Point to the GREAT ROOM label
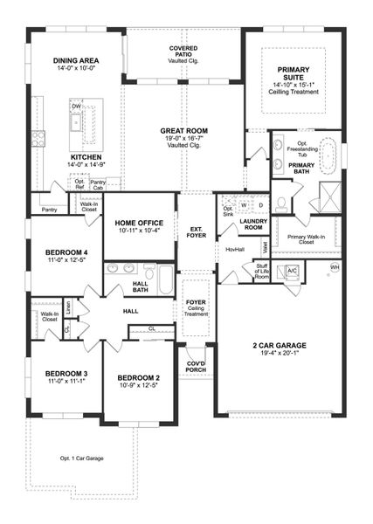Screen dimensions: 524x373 point(183,130)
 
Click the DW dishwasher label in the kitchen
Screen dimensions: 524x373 point(77,106)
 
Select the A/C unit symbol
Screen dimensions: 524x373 point(293,270)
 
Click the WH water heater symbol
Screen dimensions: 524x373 point(335,267)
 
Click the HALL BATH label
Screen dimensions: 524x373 point(140,288)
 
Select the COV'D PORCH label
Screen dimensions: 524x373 point(196,369)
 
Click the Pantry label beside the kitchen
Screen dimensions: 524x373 point(49,209)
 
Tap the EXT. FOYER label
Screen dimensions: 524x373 point(196,233)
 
